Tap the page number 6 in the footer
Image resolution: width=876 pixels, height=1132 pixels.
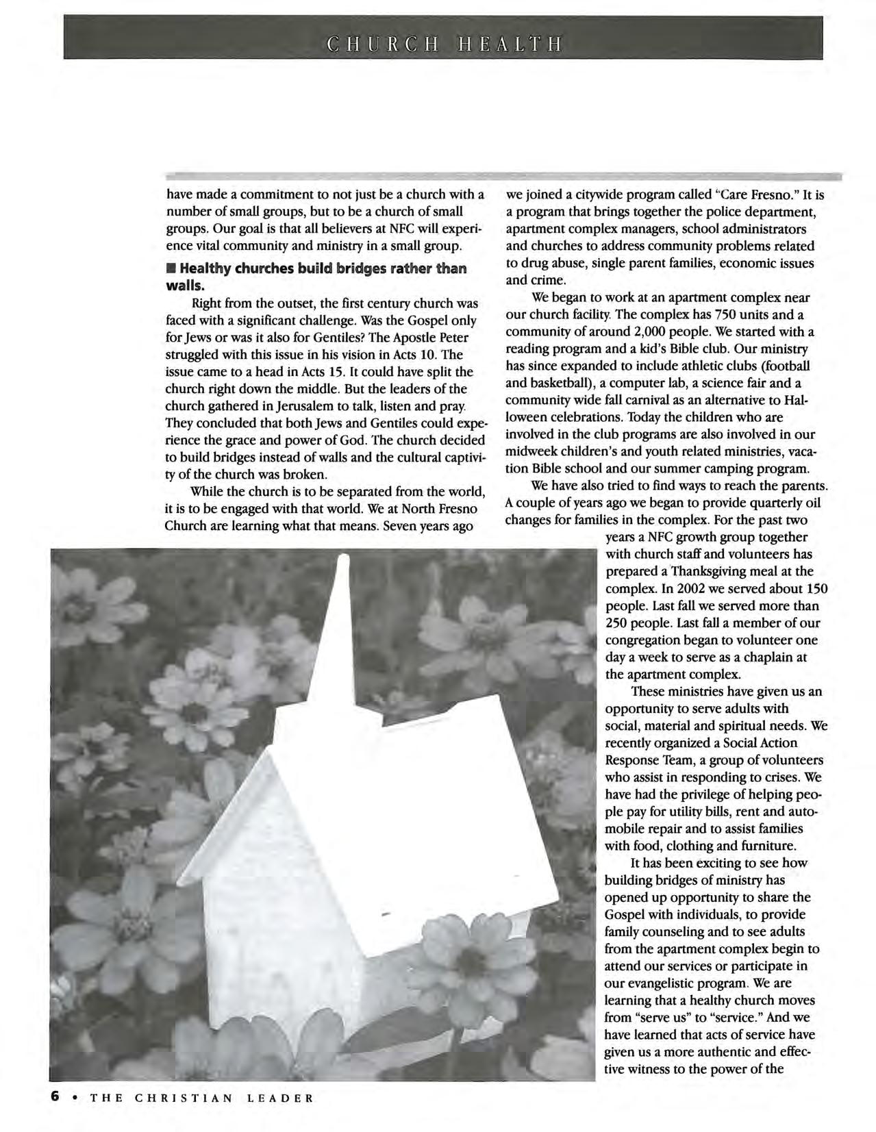(54, 1096)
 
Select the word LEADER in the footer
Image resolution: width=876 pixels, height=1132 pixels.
(280, 1098)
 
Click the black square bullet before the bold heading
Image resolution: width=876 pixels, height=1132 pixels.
(171, 268)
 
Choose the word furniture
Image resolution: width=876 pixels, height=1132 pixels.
(764, 846)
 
